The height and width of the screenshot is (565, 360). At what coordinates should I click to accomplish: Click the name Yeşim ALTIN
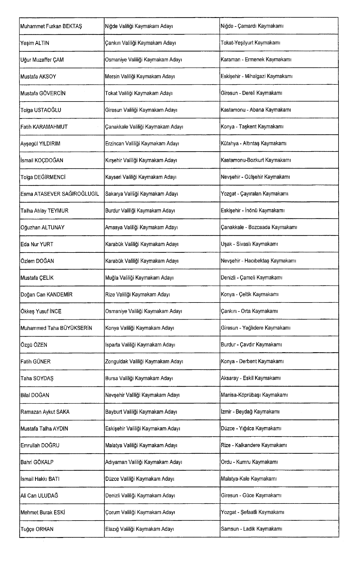(x=35, y=43)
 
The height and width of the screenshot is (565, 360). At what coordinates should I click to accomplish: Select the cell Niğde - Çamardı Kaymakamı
(x=252, y=26)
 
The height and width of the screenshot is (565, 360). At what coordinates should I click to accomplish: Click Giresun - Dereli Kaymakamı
(x=251, y=93)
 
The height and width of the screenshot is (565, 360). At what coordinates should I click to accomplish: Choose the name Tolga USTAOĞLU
(x=41, y=110)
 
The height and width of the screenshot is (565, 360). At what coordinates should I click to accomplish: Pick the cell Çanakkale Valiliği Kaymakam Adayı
(x=144, y=127)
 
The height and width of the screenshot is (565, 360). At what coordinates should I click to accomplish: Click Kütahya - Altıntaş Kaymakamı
(x=253, y=144)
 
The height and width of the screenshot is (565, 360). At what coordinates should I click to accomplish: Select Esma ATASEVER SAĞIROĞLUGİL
(x=60, y=194)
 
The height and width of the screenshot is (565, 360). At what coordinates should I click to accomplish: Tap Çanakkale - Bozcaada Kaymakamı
(x=259, y=227)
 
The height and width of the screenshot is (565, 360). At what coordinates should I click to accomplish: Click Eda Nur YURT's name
(x=37, y=244)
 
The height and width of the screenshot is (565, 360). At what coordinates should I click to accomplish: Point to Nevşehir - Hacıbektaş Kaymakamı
(x=258, y=261)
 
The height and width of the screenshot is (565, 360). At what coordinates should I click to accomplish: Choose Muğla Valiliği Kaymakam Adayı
(x=139, y=278)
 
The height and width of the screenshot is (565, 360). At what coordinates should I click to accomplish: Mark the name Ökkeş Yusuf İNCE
(x=41, y=311)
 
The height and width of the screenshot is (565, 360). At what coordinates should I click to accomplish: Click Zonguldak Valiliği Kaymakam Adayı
(x=144, y=361)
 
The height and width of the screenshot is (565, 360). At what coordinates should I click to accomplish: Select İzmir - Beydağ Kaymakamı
(x=250, y=412)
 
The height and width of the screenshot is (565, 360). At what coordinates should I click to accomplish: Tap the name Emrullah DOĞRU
(x=40, y=445)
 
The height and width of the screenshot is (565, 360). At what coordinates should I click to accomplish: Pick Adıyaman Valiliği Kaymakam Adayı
(x=143, y=462)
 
